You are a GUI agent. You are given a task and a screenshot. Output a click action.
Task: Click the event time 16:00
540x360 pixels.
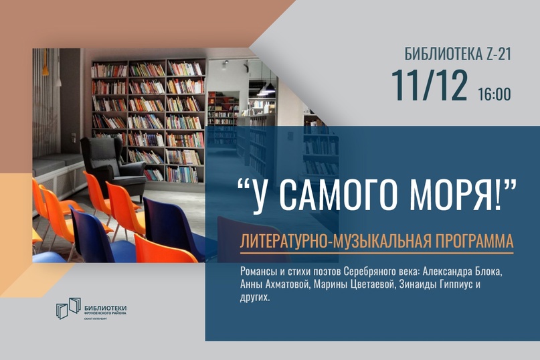(494, 94)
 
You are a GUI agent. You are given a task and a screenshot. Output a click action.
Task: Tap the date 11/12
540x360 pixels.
(430, 86)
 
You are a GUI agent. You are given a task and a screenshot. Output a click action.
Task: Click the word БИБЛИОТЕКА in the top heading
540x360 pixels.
(436, 54)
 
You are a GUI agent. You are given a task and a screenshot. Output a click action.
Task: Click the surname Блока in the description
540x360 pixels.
(488, 272)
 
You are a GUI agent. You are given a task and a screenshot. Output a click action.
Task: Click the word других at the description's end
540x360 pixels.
(255, 298)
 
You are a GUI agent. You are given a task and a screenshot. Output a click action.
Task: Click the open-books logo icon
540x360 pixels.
(68, 308)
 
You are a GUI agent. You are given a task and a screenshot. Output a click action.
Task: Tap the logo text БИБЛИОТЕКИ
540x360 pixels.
(105, 308)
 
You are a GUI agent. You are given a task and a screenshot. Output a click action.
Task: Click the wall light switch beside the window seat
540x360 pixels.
(74, 137)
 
